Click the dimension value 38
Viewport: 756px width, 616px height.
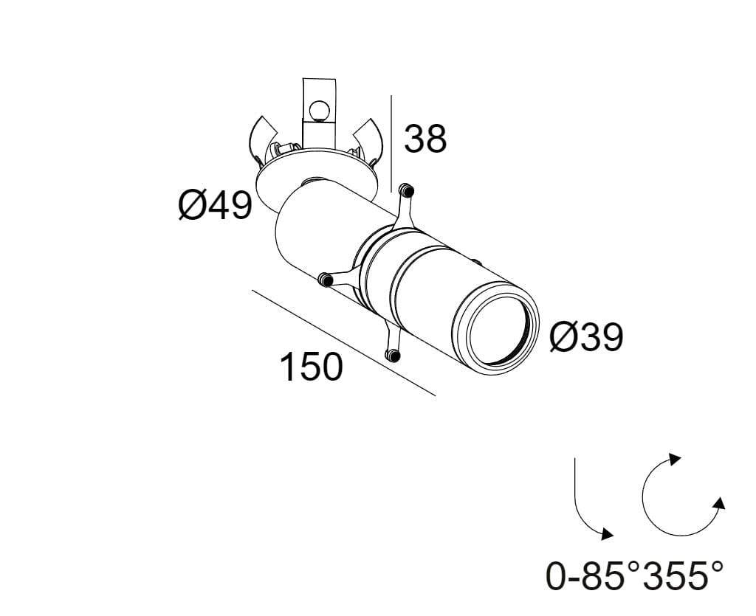(x=425, y=139)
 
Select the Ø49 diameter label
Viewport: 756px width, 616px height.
(x=215, y=204)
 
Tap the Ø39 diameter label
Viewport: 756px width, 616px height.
(x=586, y=337)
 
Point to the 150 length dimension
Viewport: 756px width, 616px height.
(x=311, y=367)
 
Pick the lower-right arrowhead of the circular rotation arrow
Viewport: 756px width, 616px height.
(x=718, y=504)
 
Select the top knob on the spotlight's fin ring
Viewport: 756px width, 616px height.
(x=405, y=190)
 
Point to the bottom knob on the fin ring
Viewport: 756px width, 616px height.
(x=394, y=356)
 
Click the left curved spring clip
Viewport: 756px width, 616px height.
(x=258, y=139)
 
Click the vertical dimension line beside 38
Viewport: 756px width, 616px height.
(x=391, y=140)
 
